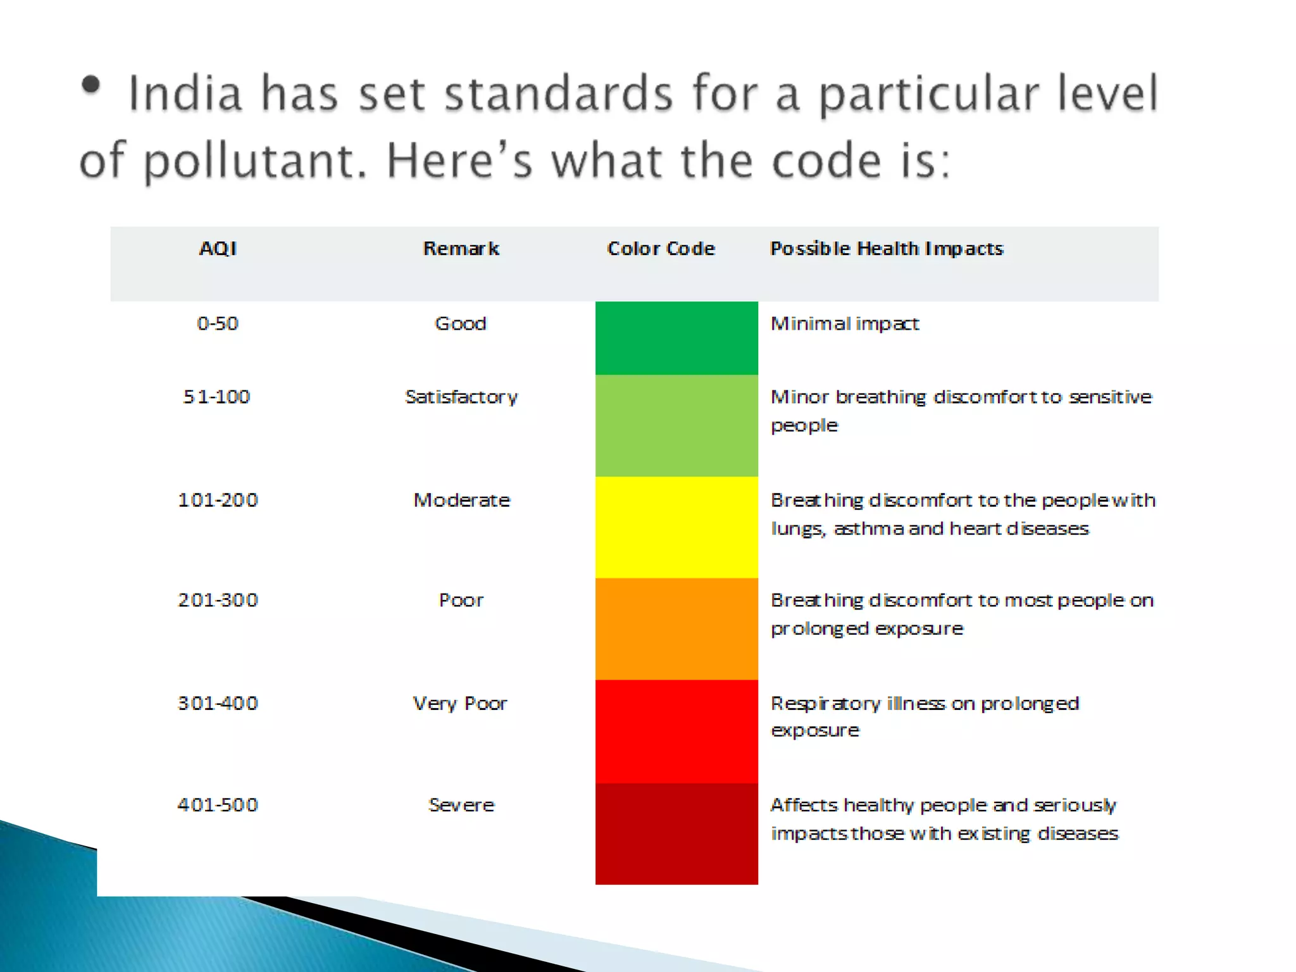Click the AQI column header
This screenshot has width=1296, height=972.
tap(218, 248)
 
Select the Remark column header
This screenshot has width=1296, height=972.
tap(461, 248)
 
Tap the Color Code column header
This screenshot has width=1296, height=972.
tap(661, 248)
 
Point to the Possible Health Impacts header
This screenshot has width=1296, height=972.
tap(886, 248)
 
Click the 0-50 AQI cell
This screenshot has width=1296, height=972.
tap(218, 323)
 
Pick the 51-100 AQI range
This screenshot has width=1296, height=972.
tap(217, 397)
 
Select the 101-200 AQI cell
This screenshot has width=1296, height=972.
tap(218, 500)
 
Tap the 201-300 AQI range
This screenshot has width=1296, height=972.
tap(218, 600)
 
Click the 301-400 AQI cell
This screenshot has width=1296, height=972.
tap(218, 703)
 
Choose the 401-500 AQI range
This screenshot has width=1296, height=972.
tap(218, 805)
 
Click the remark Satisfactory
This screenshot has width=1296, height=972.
tap(461, 397)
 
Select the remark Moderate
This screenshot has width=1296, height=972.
tap(461, 500)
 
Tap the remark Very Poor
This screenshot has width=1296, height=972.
tap(460, 703)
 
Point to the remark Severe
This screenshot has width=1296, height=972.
tap(461, 805)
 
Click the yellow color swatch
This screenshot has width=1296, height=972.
tap(676, 527)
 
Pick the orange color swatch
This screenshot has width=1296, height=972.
tap(676, 629)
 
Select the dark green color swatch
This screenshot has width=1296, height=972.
tap(676, 338)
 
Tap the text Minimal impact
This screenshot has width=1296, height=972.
tap(844, 323)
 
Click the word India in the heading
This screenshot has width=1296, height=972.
tap(185, 94)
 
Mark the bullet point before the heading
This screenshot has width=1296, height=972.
tap(91, 85)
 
